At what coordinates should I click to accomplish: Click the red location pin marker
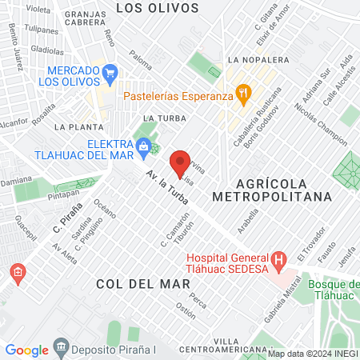tap(181, 163)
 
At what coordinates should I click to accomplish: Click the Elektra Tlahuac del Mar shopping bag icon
tap(143, 145)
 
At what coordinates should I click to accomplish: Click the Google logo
tap(26, 350)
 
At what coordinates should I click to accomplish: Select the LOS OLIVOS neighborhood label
tap(157, 8)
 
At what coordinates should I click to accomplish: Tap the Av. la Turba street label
tap(168, 195)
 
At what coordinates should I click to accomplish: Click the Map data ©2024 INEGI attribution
tap(313, 354)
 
